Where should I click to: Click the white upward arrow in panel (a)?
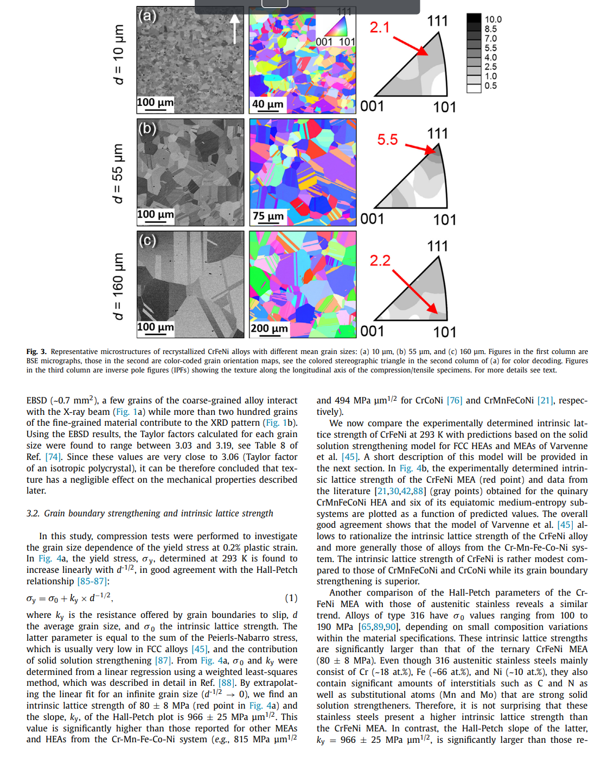tap(234, 28)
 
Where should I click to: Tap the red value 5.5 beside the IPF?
tap(387, 140)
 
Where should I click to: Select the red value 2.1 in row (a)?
tap(380, 27)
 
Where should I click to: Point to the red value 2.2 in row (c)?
tap(380, 261)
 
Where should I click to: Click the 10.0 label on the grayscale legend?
tap(493, 20)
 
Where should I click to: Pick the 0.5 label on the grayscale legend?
tap(490, 86)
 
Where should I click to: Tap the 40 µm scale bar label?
tap(267, 104)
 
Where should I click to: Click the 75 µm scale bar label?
tap(268, 216)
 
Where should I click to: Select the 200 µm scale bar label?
tap(269, 329)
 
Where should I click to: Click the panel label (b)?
tap(147, 129)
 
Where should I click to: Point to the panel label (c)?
tap(147, 240)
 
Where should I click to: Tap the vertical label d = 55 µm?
tap(118, 174)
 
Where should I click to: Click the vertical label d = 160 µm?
tap(118, 286)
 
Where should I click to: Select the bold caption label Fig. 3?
tap(36, 352)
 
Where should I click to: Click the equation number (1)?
tap(291, 598)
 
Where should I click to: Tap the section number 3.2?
tap(34, 513)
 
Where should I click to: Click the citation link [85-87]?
tap(92, 581)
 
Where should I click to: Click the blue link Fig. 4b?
tap(413, 468)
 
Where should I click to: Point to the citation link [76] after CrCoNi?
tap(455, 400)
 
